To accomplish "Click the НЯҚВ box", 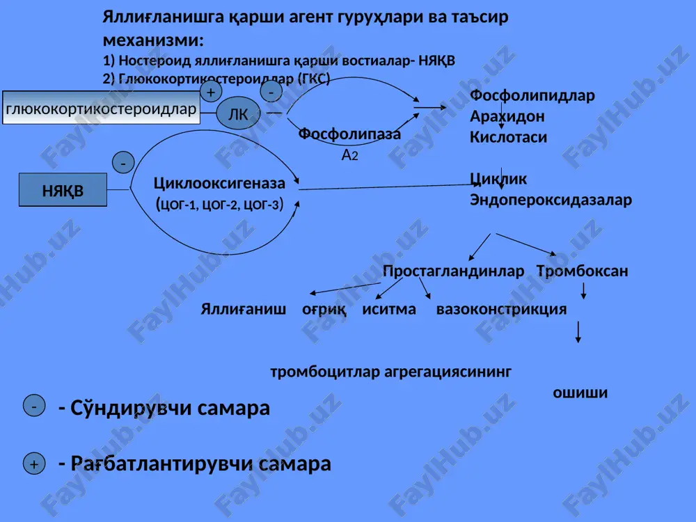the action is [x=63, y=190].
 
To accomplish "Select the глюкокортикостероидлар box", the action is [x=101, y=107].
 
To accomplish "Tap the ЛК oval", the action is [x=238, y=113].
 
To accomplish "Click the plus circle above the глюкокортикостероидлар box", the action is [x=211, y=91].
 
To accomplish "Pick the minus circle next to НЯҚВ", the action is [x=123, y=162].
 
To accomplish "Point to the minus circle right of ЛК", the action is [x=271, y=92].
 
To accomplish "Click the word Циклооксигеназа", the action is [x=219, y=183].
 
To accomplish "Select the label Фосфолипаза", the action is [x=349, y=133].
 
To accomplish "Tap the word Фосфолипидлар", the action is [x=532, y=95].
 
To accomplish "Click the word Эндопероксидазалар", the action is [x=551, y=200].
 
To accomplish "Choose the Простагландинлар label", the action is [x=453, y=271].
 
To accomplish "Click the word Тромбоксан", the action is [x=583, y=271].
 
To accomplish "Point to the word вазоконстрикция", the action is [x=502, y=309].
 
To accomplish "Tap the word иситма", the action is [x=389, y=309].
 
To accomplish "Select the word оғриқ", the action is [x=324, y=310].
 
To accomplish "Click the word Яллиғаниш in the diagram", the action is [x=243, y=309].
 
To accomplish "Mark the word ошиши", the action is [x=580, y=393].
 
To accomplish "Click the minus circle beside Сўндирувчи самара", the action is [x=34, y=405].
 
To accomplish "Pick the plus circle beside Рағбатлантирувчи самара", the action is [x=34, y=464].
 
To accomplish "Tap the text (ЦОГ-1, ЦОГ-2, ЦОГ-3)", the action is [x=219, y=204].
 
